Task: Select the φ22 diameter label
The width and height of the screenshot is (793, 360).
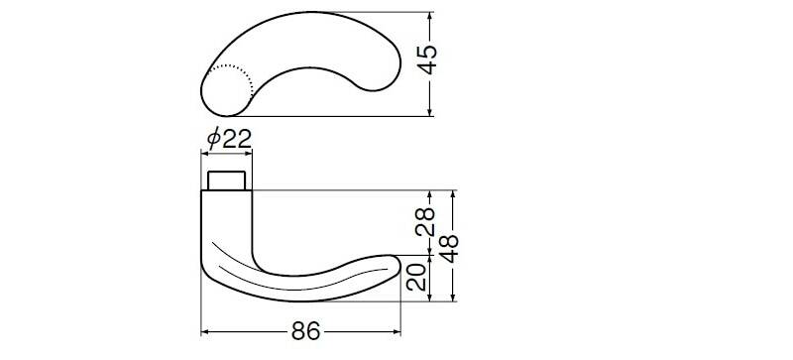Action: [x=230, y=138]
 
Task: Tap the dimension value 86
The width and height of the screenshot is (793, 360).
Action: [x=306, y=331]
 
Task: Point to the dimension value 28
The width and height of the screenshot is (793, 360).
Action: [x=425, y=222]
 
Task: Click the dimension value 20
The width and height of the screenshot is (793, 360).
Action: [x=416, y=277]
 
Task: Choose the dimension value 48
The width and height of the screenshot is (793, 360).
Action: [x=449, y=248]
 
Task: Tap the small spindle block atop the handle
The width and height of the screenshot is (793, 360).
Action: [x=227, y=180]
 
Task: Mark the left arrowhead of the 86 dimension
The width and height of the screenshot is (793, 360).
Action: [x=205, y=332]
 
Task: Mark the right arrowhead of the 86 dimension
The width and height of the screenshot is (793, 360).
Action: [x=396, y=332]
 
